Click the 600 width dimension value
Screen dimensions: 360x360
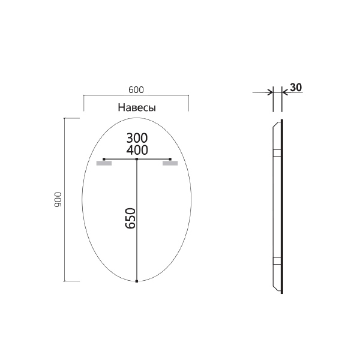(x=136, y=89)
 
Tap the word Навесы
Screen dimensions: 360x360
(x=136, y=108)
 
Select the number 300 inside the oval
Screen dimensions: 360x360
(x=137, y=137)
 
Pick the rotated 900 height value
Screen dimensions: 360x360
(x=58, y=200)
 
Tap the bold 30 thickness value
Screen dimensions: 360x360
(x=295, y=87)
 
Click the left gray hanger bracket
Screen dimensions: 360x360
(x=103, y=163)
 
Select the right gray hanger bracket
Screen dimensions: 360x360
(x=170, y=163)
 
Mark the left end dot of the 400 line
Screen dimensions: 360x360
(x=104, y=159)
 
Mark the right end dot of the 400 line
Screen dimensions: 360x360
(x=170, y=159)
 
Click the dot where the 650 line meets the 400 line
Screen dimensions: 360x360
(x=137, y=159)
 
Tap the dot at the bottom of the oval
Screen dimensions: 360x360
(x=137, y=281)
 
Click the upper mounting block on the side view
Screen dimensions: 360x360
(x=277, y=152)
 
